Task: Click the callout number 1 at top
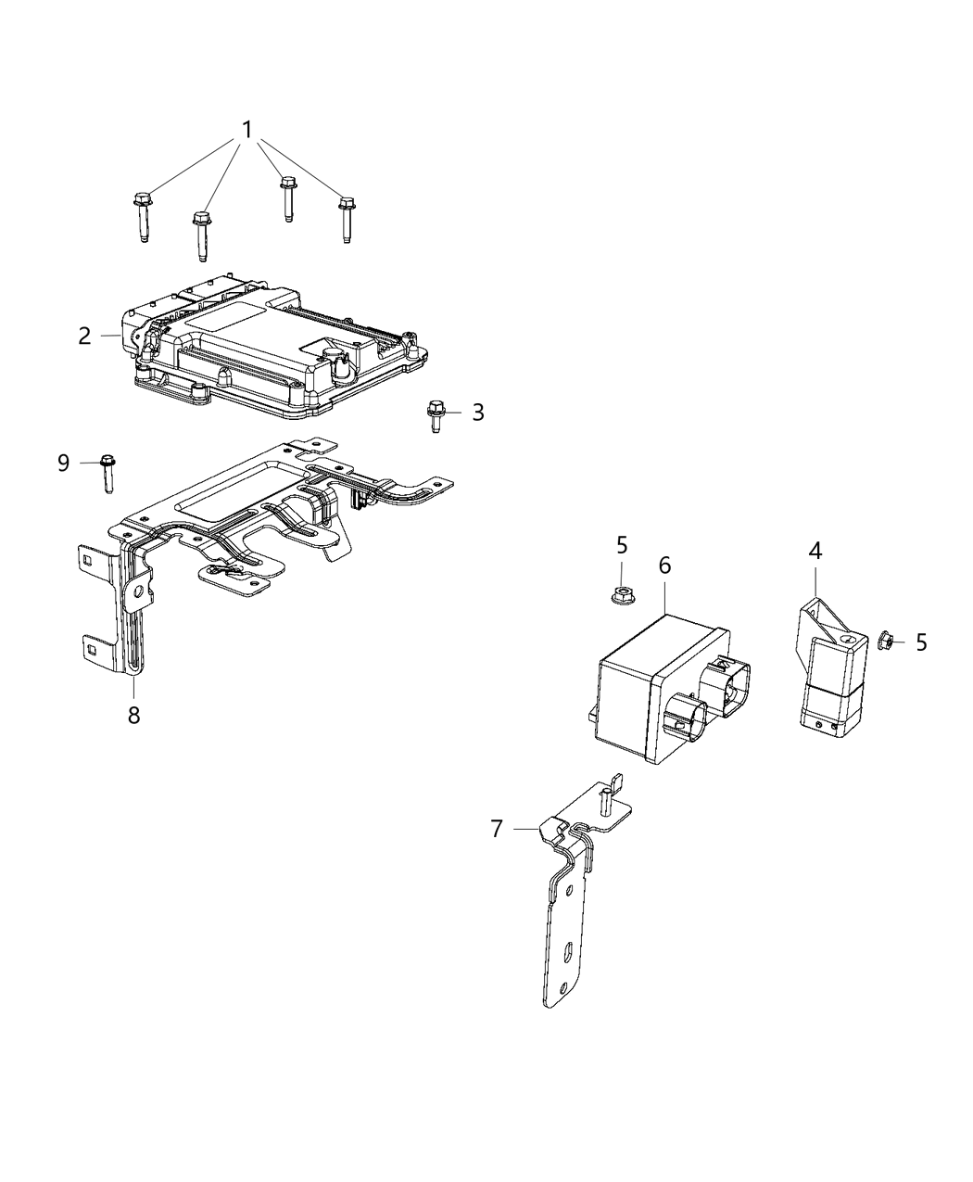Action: pos(246,131)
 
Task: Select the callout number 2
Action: pos(84,336)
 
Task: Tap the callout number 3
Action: pos(477,412)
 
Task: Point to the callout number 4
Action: pos(815,550)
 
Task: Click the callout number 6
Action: pos(664,565)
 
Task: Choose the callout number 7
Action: pos(497,828)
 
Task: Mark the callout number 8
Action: pos(133,715)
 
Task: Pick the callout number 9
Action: pos(63,462)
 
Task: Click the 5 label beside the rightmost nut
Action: pos(920,642)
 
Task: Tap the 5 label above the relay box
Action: pos(622,545)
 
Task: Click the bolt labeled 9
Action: pos(107,470)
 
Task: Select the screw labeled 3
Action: pos(434,415)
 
